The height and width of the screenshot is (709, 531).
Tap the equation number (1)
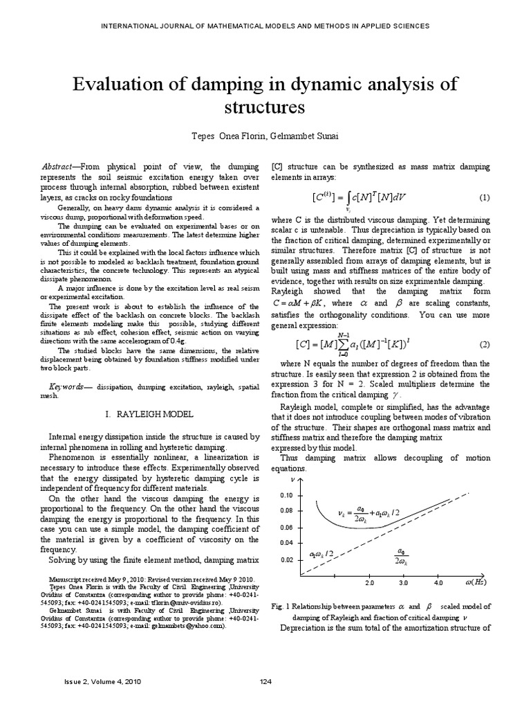click(484, 197)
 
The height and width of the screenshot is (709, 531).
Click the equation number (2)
click(484, 344)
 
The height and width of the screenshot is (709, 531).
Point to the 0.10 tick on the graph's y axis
click(287, 496)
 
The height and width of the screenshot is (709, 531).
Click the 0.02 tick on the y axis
click(287, 559)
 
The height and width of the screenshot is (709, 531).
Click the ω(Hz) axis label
click(477, 584)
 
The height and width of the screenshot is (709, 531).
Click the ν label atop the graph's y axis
click(293, 479)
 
